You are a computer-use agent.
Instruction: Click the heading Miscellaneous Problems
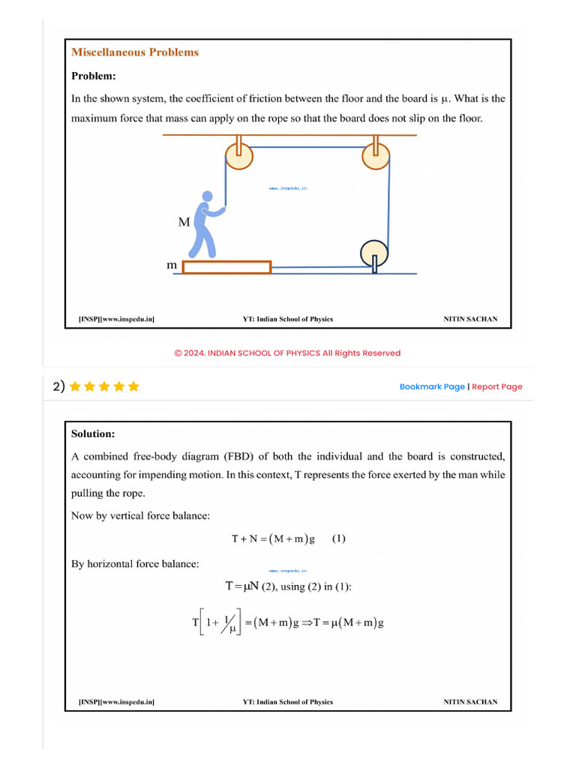click(x=135, y=52)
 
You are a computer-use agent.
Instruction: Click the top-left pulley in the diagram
click(x=240, y=155)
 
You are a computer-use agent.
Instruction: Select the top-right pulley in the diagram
click(x=376, y=155)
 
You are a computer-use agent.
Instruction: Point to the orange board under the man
click(x=226, y=267)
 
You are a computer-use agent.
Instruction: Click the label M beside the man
click(x=184, y=223)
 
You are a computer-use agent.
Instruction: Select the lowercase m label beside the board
click(x=172, y=265)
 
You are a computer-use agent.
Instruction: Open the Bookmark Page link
click(x=432, y=387)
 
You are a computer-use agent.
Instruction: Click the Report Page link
click(x=497, y=387)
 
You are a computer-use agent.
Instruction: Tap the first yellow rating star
click(x=75, y=387)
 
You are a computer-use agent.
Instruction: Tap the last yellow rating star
click(x=133, y=387)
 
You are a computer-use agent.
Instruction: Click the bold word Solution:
click(x=93, y=433)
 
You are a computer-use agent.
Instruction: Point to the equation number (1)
click(x=339, y=538)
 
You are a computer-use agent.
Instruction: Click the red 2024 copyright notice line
click(x=287, y=353)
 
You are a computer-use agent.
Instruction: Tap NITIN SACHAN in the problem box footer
click(x=470, y=319)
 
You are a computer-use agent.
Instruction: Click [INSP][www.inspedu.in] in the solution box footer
click(x=117, y=703)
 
